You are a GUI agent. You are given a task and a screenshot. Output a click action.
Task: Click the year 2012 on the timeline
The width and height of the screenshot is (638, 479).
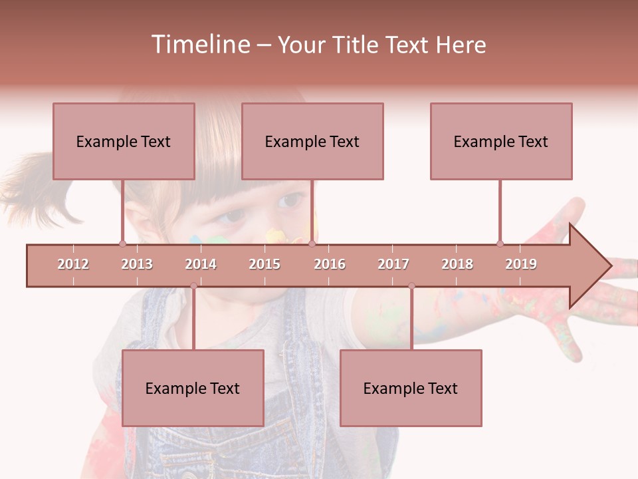click(x=73, y=264)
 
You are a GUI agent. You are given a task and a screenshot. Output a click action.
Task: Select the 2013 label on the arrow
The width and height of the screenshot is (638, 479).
click(x=137, y=264)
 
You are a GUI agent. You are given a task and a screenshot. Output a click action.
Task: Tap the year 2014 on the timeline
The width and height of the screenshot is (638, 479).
click(x=201, y=264)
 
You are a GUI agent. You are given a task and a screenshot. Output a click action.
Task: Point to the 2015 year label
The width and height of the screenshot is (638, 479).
click(x=265, y=264)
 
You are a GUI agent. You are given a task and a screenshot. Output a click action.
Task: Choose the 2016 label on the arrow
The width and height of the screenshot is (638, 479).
click(x=330, y=264)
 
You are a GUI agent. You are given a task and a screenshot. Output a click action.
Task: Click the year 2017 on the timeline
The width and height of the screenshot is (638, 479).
click(x=393, y=264)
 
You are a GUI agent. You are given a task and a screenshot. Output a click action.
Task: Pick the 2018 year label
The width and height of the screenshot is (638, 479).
click(x=457, y=264)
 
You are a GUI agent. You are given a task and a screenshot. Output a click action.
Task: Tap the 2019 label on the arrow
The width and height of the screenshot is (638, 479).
click(x=521, y=264)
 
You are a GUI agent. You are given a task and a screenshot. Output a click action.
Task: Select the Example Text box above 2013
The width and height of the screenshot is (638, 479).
click(x=124, y=141)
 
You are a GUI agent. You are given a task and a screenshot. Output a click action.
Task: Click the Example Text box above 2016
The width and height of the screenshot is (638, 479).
click(x=312, y=141)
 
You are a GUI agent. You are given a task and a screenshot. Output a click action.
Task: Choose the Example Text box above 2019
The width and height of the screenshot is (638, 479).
click(x=501, y=141)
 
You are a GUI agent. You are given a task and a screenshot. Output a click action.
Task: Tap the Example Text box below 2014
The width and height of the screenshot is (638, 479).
click(x=193, y=388)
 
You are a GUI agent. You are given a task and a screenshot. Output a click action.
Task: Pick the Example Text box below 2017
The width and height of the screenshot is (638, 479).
click(x=411, y=388)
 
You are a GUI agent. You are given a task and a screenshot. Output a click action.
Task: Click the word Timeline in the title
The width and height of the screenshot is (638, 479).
click(x=199, y=45)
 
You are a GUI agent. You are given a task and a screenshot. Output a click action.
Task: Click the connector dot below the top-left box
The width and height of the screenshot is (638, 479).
click(x=122, y=243)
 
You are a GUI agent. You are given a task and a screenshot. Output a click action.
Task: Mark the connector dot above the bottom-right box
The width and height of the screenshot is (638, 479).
click(x=411, y=286)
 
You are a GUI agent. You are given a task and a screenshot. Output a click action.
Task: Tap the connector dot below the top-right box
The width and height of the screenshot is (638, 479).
click(x=500, y=243)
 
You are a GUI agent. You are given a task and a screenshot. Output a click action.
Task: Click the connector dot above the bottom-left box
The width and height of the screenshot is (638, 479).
click(x=193, y=286)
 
